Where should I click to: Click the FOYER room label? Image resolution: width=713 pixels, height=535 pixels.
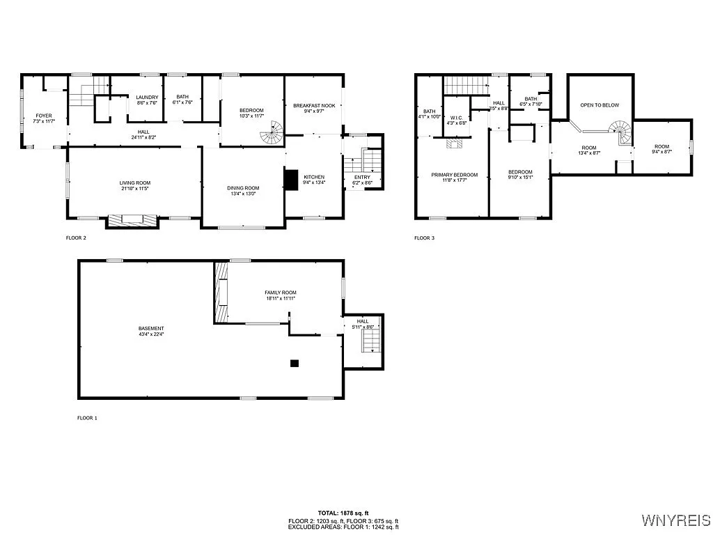[44, 116]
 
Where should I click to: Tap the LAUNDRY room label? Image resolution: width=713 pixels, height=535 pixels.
[147, 98]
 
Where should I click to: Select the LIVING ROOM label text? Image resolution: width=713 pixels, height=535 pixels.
[135, 183]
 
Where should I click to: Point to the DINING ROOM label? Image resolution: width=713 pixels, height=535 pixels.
[243, 187]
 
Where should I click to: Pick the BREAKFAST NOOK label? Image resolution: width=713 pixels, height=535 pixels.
[314, 105]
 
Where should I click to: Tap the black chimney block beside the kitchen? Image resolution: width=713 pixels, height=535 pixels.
[290, 180]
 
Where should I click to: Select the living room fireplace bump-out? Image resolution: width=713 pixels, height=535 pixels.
[132, 220]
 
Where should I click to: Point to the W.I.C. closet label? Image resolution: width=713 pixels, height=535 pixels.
[457, 118]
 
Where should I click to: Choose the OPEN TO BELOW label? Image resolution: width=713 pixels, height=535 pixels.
[600, 105]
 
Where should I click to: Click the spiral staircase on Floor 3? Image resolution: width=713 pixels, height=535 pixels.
[619, 130]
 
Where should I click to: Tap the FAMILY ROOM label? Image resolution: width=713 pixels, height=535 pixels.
[280, 293]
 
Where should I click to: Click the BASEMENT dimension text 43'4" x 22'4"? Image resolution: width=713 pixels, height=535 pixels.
[150, 334]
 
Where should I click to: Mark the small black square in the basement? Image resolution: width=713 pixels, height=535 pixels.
[295, 363]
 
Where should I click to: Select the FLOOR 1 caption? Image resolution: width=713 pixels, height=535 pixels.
[87, 418]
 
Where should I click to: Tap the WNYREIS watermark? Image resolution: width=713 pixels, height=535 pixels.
[675, 520]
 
